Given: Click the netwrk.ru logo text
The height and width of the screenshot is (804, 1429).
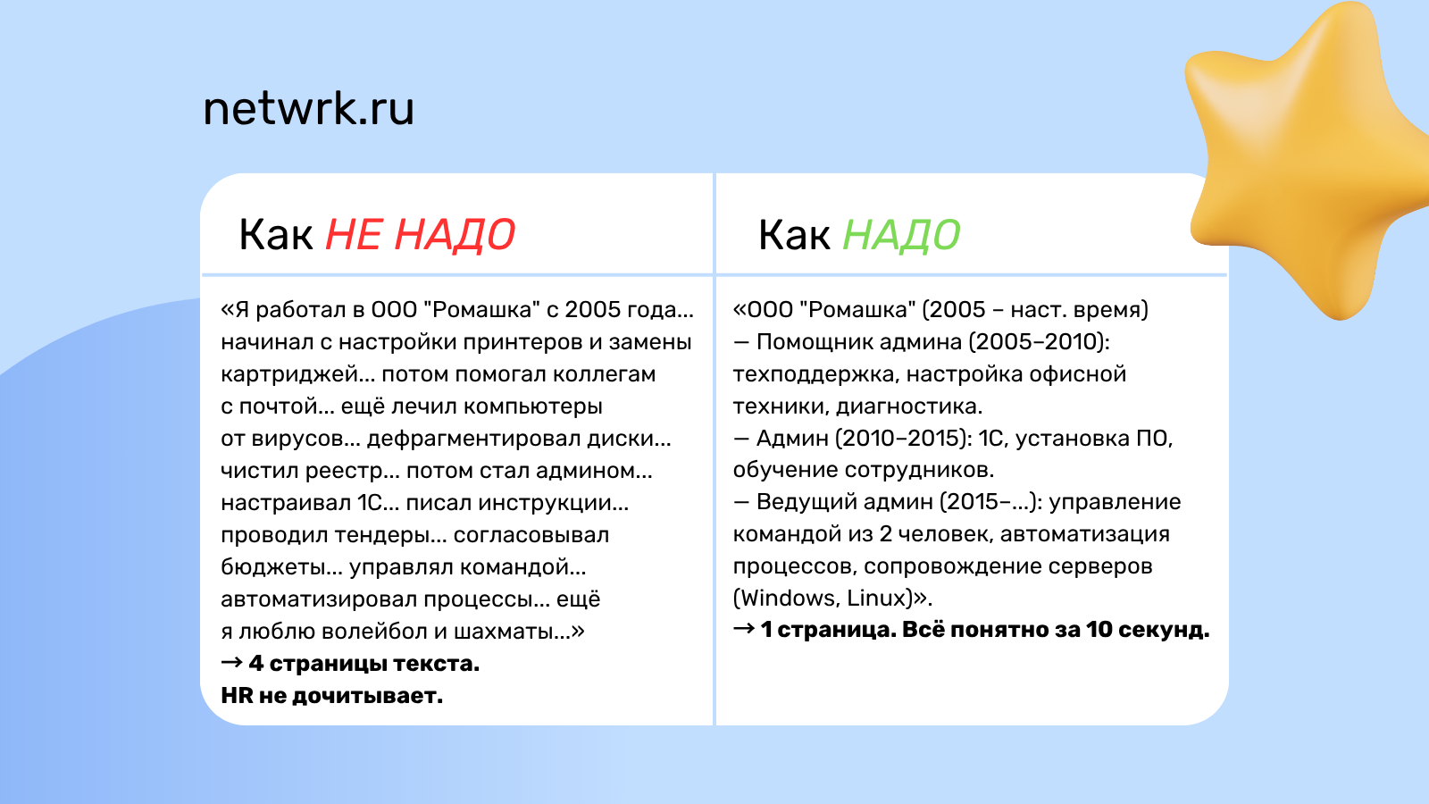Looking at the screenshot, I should (x=308, y=109).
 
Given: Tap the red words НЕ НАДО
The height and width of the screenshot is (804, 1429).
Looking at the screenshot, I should (x=420, y=235).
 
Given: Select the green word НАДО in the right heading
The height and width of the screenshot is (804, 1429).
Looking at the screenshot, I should (x=901, y=235).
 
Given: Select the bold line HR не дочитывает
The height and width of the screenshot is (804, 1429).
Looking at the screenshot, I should (x=331, y=696).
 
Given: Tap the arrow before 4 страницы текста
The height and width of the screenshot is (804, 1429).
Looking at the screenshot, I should (x=231, y=664).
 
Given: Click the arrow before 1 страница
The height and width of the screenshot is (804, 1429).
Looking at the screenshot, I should (x=744, y=630).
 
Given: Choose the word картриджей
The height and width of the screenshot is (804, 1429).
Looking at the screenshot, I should (x=289, y=374).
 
